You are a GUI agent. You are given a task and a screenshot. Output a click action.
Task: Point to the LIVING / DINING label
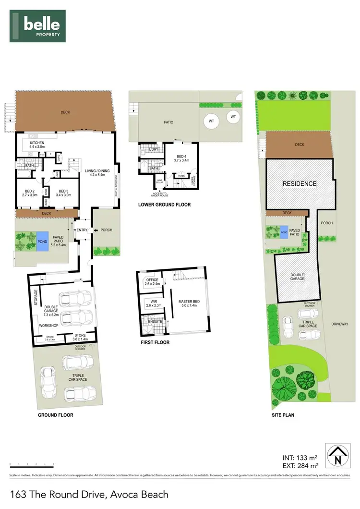(97, 172)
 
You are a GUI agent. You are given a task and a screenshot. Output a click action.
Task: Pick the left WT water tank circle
(211, 121)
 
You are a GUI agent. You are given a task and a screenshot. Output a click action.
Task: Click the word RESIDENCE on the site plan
(299, 183)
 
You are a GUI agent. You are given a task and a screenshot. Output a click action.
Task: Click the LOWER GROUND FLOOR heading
(164, 205)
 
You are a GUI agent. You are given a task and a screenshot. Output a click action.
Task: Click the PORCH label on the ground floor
(106, 230)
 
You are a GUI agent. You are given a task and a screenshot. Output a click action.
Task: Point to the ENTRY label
(82, 230)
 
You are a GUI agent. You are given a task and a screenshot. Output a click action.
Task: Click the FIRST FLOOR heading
(155, 343)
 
